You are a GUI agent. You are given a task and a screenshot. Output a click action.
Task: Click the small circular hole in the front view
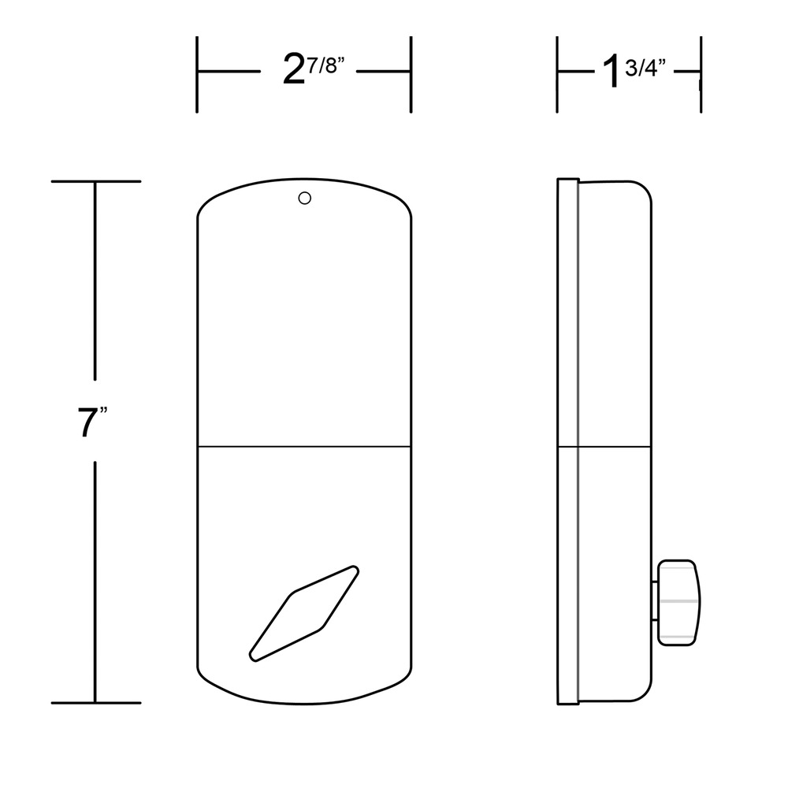pos(304,198)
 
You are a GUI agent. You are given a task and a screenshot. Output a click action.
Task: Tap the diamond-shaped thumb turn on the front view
pos(304,613)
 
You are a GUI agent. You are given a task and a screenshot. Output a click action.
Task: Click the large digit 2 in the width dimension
pos(293,69)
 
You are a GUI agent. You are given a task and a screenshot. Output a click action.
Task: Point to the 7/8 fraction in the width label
pos(326,65)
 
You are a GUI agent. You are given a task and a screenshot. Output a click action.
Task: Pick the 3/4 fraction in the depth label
pos(645,68)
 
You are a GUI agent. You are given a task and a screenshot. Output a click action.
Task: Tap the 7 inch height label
pos(92,422)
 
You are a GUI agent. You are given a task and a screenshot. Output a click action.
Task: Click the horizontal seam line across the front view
pos(304,446)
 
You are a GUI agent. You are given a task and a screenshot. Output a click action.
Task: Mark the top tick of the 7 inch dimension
pos(96,181)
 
